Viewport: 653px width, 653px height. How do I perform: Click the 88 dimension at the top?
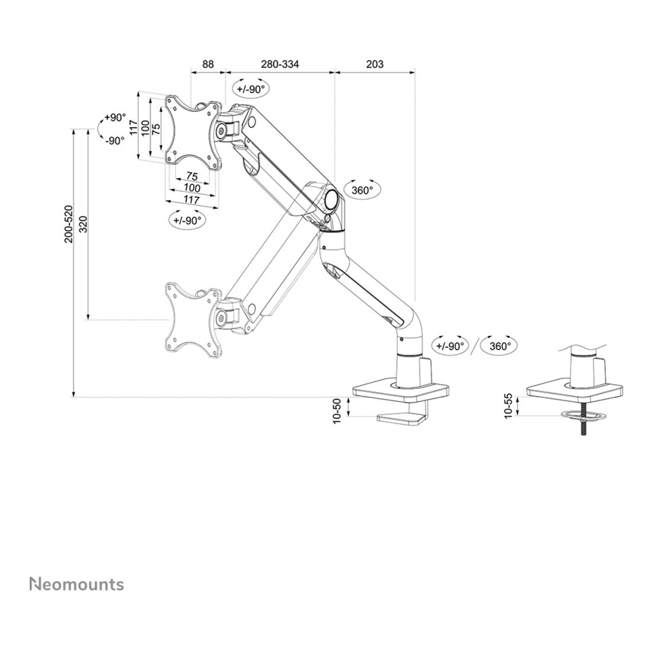(207, 64)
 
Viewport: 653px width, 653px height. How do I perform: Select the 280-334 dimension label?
(280, 64)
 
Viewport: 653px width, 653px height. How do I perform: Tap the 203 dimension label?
(375, 64)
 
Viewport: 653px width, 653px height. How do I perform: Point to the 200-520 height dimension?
(68, 224)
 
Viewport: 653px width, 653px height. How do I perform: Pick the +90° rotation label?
(115, 118)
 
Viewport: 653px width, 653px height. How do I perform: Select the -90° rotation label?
(115, 141)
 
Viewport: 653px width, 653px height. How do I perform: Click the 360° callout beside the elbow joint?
(362, 190)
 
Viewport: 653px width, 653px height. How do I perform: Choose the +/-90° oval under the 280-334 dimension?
(250, 89)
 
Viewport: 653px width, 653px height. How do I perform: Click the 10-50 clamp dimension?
(337, 410)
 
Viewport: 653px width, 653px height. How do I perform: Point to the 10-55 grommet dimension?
(508, 405)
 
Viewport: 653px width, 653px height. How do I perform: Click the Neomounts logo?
(77, 584)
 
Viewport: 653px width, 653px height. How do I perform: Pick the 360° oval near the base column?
(500, 345)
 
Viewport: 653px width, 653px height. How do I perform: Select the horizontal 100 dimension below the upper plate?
(192, 188)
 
